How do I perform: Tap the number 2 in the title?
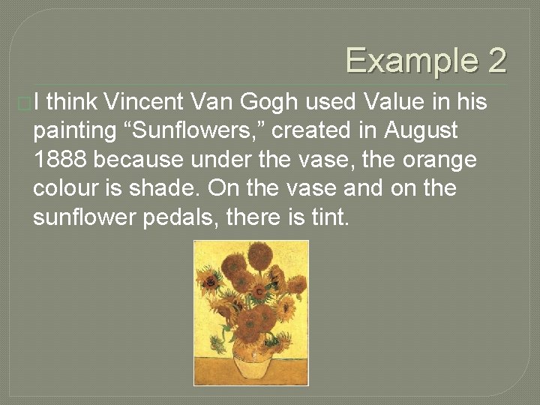click(x=497, y=61)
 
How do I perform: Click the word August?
click(x=421, y=130)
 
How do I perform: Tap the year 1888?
click(x=61, y=159)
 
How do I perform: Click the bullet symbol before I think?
click(x=26, y=103)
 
